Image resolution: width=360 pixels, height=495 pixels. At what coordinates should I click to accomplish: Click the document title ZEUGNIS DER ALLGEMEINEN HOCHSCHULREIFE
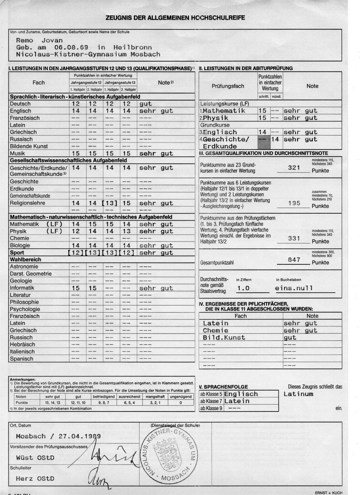click(x=175, y=18)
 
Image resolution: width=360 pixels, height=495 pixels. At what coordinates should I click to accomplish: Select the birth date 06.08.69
click(x=71, y=47)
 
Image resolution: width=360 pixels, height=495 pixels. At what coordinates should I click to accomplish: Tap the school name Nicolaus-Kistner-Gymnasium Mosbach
click(x=88, y=54)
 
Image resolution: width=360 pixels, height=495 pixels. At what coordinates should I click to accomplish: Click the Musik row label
click(x=17, y=153)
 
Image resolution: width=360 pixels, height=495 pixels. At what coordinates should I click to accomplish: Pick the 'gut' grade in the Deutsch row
click(x=146, y=104)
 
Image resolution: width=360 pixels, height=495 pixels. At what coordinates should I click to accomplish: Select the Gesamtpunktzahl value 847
click(x=294, y=260)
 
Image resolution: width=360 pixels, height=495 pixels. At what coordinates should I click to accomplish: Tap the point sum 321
click(x=294, y=168)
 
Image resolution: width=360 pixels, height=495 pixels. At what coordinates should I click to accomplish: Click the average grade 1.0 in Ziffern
click(x=243, y=288)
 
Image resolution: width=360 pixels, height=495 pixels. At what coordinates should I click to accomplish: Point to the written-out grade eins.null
click(x=294, y=288)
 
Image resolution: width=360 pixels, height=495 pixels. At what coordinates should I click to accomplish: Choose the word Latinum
click(x=298, y=394)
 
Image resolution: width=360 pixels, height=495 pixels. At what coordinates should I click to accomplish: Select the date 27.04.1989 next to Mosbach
click(x=80, y=436)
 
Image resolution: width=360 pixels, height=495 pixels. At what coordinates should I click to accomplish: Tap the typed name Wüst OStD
click(x=35, y=458)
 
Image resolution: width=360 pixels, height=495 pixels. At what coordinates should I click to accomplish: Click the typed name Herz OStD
click(x=35, y=479)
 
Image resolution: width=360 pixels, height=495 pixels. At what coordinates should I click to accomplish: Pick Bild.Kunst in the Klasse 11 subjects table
click(x=224, y=337)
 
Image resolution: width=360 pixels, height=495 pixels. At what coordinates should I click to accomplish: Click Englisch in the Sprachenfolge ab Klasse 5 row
click(x=241, y=394)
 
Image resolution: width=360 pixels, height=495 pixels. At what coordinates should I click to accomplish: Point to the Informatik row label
click(x=22, y=288)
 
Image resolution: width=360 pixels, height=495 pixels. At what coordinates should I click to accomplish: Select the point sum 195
click(x=294, y=203)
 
